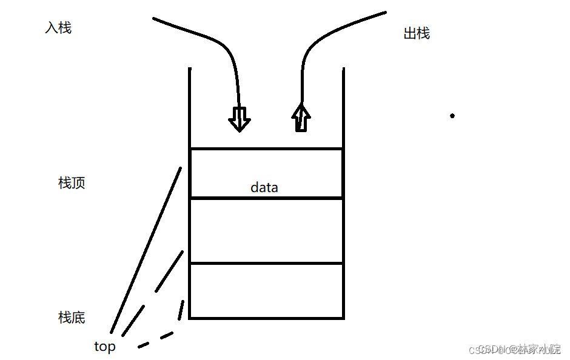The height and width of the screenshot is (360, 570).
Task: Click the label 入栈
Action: (58, 28)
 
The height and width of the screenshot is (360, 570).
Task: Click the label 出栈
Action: (417, 34)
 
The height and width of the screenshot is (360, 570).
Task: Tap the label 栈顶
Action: (72, 183)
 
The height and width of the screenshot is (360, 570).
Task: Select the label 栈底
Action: (72, 317)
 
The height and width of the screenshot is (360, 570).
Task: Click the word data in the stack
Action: (264, 188)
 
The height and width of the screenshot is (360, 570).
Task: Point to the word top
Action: (105, 347)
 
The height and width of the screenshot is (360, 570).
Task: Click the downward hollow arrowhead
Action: (240, 120)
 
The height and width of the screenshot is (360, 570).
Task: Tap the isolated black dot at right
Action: (452, 115)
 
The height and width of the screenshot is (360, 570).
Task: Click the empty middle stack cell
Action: (267, 230)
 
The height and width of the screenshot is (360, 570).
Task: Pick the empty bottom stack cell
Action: (267, 291)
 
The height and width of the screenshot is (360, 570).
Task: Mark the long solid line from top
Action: (146, 248)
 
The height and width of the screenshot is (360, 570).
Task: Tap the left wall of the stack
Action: (190, 109)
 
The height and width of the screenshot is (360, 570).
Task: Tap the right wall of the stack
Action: (344, 109)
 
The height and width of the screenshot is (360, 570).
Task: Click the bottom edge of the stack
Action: (267, 318)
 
